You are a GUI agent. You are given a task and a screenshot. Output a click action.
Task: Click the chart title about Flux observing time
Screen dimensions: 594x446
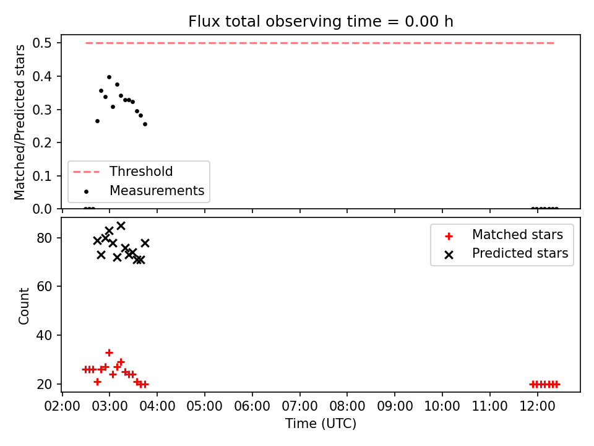click(321, 22)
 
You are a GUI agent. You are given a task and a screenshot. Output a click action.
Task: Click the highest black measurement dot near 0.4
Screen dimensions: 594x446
click(109, 77)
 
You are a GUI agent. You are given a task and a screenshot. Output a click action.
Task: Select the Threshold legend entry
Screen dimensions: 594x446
click(123, 172)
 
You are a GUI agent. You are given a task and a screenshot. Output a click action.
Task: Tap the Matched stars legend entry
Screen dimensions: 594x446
click(504, 235)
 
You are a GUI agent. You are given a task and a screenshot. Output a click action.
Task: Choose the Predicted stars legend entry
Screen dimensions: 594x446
click(506, 253)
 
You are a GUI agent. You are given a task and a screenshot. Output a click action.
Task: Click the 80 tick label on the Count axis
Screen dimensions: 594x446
click(44, 238)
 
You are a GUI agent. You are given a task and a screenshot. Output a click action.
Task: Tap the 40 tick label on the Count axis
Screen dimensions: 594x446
click(44, 335)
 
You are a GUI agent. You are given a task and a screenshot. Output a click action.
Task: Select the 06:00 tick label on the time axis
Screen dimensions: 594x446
click(252, 406)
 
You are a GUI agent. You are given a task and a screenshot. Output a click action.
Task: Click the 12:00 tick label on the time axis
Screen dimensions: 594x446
click(537, 406)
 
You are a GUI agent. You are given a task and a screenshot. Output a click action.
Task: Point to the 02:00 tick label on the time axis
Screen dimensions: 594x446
click(62, 406)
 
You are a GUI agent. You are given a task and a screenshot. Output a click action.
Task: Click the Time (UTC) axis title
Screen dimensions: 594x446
click(321, 423)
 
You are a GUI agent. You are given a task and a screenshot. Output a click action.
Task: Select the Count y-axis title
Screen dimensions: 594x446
click(24, 305)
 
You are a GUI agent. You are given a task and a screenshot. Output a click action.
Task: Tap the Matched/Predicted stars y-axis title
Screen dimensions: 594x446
click(19, 122)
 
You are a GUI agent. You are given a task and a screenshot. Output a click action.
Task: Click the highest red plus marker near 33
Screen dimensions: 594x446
click(109, 352)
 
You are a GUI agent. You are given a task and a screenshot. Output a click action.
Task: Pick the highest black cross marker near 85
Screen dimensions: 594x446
click(121, 226)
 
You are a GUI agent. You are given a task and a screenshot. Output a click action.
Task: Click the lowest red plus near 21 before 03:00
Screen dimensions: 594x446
click(97, 382)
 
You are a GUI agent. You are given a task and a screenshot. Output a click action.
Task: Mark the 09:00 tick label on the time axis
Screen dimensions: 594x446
click(395, 406)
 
